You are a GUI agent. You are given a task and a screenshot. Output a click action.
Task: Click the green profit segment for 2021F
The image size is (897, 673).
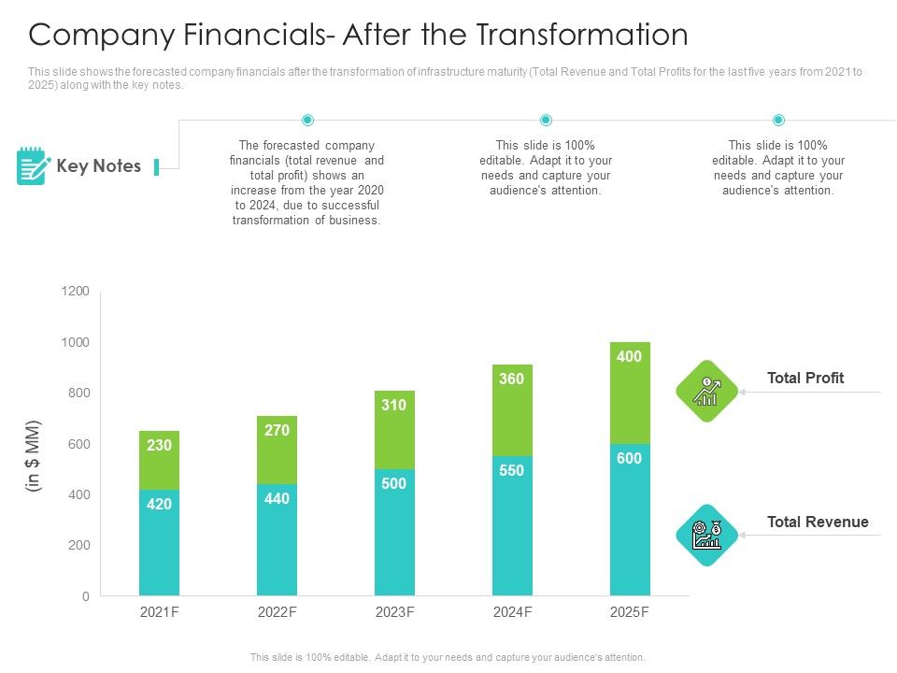(x=159, y=461)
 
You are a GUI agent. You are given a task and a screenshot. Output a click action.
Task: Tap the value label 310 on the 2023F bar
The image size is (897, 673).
(x=394, y=406)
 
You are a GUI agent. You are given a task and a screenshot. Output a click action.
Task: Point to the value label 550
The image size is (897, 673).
(x=512, y=471)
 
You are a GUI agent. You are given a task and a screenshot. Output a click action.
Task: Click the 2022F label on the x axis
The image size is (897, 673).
(x=277, y=612)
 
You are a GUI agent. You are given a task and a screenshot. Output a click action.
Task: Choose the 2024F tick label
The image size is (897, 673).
(x=512, y=612)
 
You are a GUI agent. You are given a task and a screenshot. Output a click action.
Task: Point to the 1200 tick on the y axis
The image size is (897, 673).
(x=75, y=292)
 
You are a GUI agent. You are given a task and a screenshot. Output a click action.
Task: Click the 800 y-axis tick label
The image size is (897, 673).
(x=78, y=394)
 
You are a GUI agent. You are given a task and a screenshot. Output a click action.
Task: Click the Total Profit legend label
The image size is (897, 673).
(x=804, y=378)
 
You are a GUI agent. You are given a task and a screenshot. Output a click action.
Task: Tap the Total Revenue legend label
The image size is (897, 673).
(x=818, y=522)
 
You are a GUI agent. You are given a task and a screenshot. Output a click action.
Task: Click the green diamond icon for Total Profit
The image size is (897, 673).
(x=706, y=392)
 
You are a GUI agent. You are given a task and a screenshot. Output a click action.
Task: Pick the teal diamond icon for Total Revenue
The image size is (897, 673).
(x=706, y=536)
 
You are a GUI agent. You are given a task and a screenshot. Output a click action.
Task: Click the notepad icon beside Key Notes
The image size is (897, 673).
(x=32, y=166)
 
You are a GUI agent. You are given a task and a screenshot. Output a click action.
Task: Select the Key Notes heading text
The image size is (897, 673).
(x=99, y=166)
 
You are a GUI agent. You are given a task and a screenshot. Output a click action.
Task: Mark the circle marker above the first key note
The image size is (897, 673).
(x=307, y=120)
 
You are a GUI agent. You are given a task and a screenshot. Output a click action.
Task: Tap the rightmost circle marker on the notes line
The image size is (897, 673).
(x=778, y=120)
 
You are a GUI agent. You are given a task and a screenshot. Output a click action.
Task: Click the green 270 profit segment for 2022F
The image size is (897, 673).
(x=277, y=451)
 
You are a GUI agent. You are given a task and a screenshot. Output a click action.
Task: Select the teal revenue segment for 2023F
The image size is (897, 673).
(x=394, y=533)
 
